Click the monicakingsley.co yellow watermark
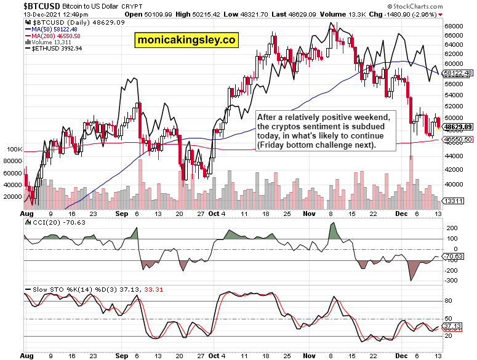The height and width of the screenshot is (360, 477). point(187,40)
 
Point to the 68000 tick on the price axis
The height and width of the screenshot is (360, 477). point(454,26)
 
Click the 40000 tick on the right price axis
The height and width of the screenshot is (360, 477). point(454,185)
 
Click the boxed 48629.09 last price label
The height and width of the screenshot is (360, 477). point(458,127)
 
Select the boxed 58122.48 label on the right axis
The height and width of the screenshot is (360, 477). point(458,73)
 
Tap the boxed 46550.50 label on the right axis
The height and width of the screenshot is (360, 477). point(458,140)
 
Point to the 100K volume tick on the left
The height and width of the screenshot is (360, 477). point(15,150)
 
